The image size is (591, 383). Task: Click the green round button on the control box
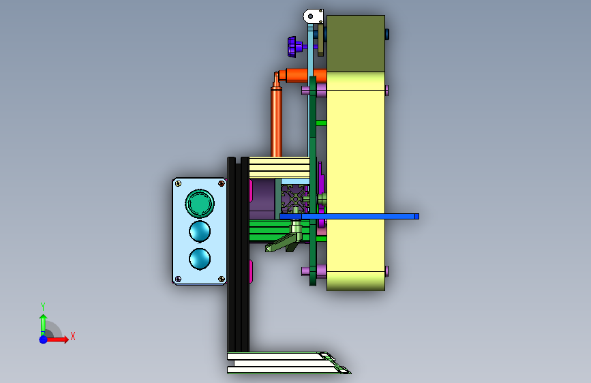coord(200,203)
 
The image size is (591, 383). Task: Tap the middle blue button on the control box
coord(200,231)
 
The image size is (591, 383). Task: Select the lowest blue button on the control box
coord(200,259)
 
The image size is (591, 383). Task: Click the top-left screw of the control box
coord(179,183)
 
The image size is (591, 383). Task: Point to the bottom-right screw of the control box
coord(222,279)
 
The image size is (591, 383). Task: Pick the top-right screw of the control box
coord(222,183)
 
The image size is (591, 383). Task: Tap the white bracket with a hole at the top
coord(314,16)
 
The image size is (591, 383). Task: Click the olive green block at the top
coord(356,43)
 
